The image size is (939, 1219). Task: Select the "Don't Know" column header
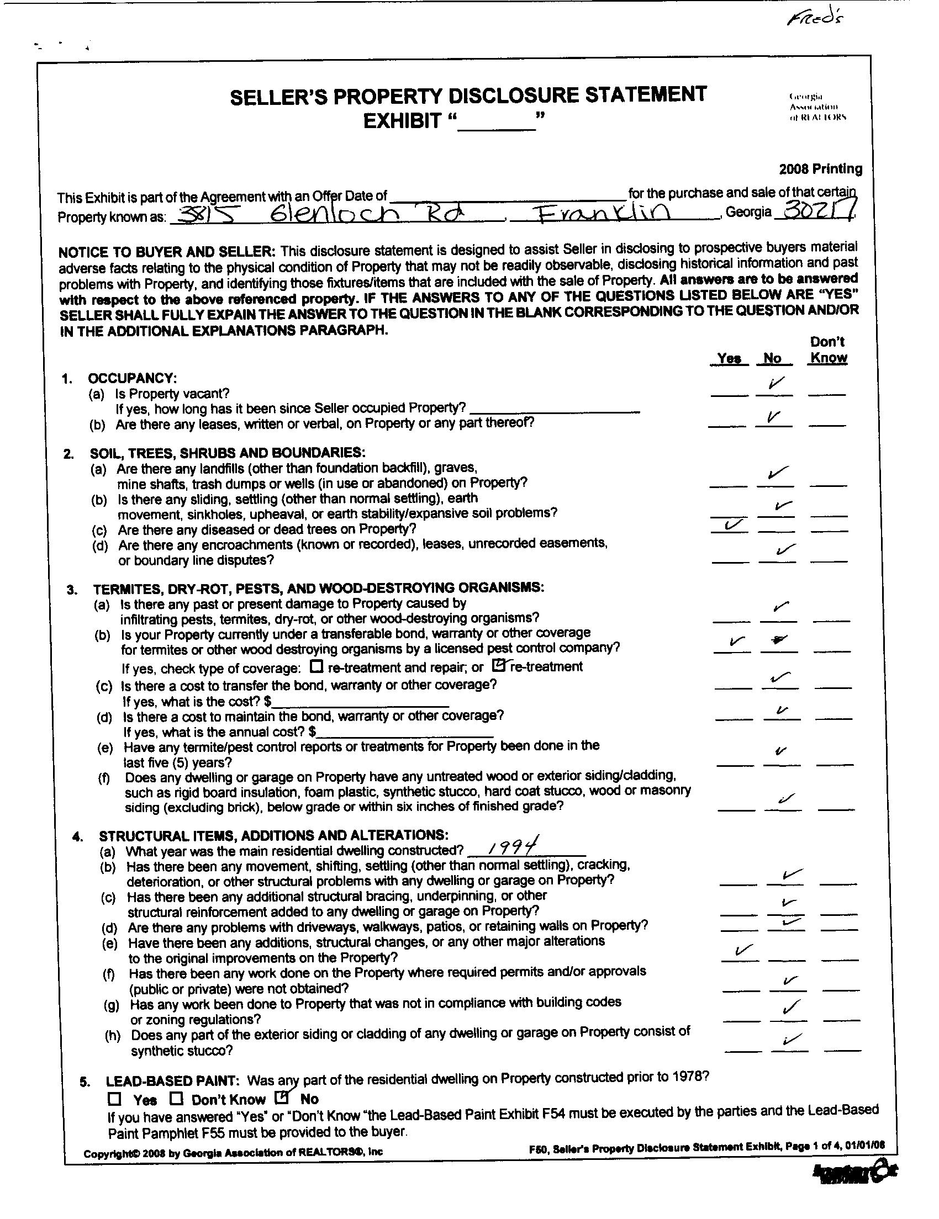[828, 350]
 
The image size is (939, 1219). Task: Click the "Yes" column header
[728, 358]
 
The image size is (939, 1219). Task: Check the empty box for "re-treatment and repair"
[316, 666]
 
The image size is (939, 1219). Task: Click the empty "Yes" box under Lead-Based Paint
[115, 1099]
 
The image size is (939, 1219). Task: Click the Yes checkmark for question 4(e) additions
[737, 950]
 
